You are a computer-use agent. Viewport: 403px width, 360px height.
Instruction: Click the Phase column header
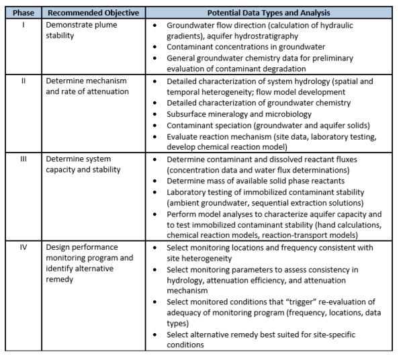(23, 12)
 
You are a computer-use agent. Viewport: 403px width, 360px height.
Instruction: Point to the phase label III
(23, 159)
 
